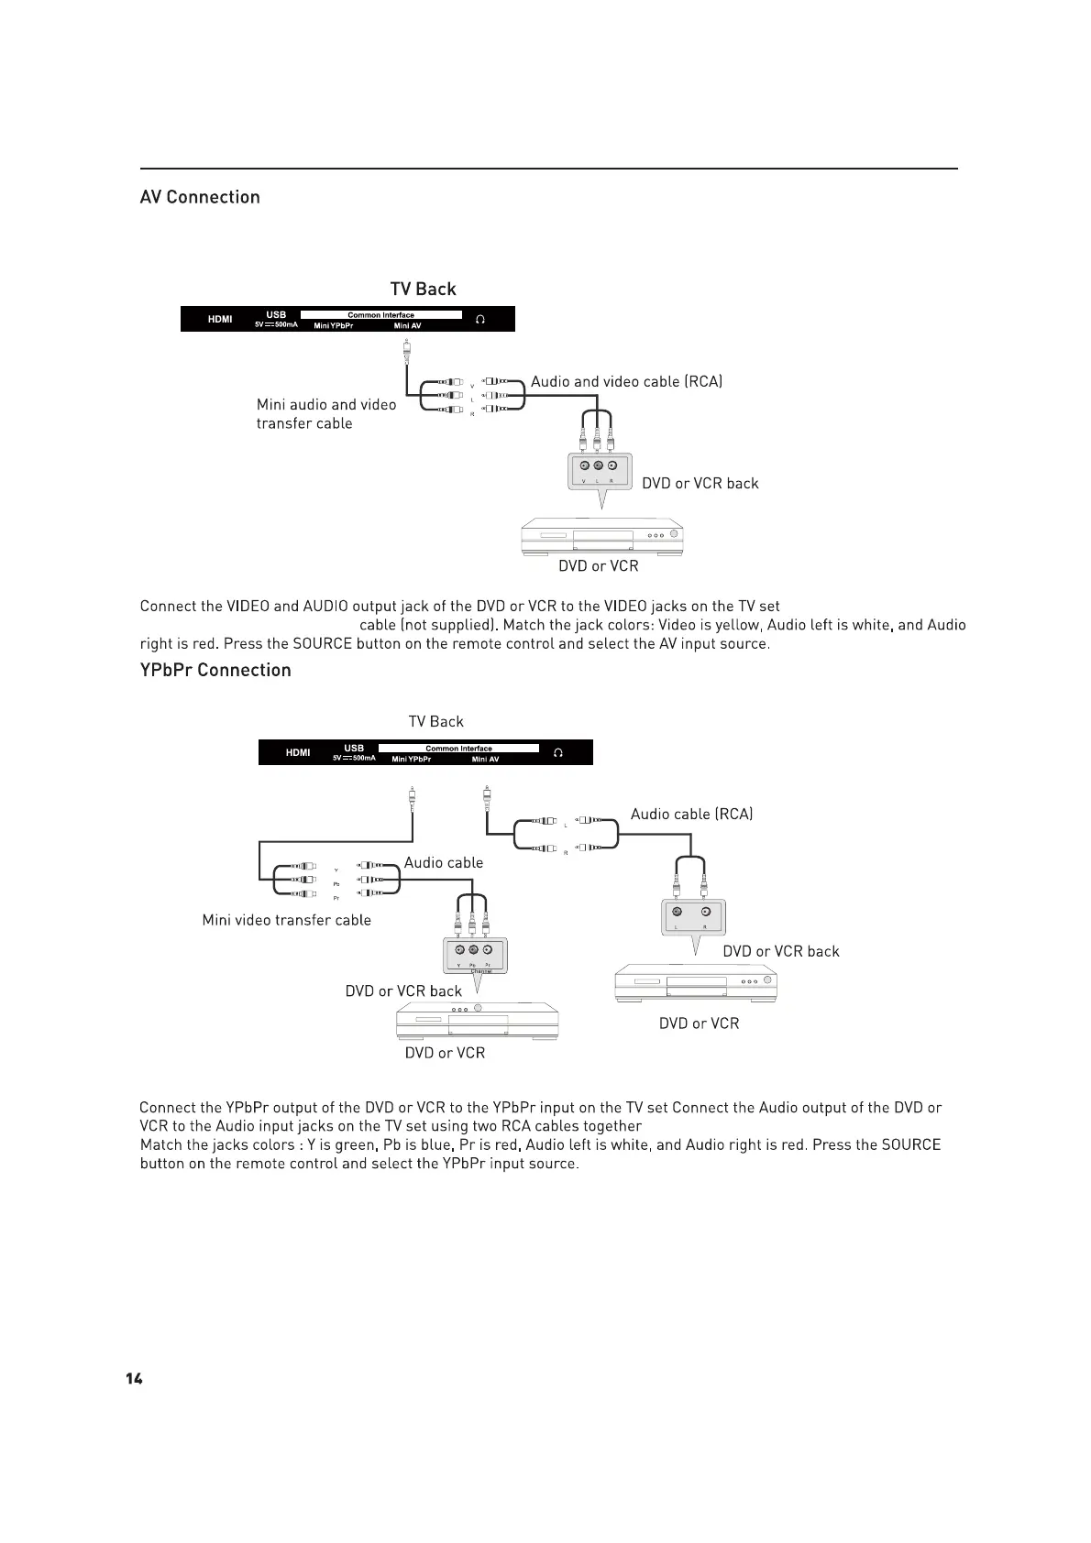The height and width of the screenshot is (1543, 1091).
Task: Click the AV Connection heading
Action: (x=200, y=197)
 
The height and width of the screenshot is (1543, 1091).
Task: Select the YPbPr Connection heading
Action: (x=215, y=670)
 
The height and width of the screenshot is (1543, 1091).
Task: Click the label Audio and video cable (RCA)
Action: (x=626, y=381)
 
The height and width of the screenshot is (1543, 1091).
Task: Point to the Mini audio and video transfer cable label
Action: (x=325, y=413)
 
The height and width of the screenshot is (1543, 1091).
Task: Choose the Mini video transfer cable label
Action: (x=286, y=920)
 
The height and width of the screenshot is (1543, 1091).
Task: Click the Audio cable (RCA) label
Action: (x=691, y=814)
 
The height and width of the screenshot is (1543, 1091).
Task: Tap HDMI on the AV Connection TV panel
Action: (x=220, y=319)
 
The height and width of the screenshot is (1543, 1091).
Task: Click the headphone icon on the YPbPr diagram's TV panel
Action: (x=557, y=752)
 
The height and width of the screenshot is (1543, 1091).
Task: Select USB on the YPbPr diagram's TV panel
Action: (x=354, y=749)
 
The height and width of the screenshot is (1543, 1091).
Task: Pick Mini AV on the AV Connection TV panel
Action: (x=407, y=326)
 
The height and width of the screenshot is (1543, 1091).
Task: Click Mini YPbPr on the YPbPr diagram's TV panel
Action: (x=411, y=760)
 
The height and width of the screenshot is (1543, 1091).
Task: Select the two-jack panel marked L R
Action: (x=692, y=916)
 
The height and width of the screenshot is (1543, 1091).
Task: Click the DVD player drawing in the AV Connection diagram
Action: (x=602, y=537)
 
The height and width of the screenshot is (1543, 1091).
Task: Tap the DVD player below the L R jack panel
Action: (x=696, y=983)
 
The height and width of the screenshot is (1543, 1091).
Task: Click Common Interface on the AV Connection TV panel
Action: (x=380, y=315)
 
